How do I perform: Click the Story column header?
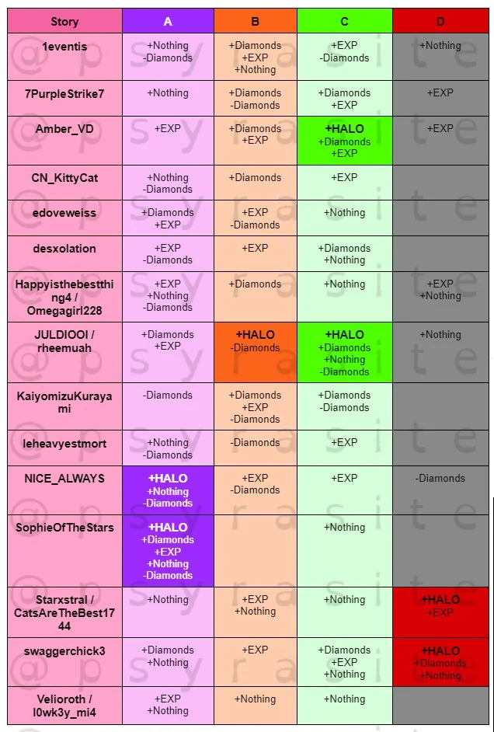coord(64,22)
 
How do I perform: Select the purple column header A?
coord(168,22)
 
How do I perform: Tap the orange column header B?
coord(256,22)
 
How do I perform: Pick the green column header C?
coord(344,22)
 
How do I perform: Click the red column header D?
coord(440,22)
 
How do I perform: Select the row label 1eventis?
coord(64,46)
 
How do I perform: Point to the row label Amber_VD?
coord(64,129)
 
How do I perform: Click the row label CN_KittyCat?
coord(64,178)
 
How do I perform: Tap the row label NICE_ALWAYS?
coord(64,479)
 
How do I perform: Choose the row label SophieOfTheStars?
coord(64,528)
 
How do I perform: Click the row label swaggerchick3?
coord(64,650)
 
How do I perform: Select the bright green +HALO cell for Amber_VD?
coord(344,141)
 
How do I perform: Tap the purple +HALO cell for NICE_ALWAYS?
coord(168,490)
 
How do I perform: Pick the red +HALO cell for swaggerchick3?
coord(440,662)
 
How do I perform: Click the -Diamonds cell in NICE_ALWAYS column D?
coord(440,479)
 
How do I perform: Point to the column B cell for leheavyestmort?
coord(256,448)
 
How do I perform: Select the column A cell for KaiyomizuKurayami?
coord(168,406)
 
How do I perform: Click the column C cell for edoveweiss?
coord(344,218)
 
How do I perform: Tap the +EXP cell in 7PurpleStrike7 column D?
coord(440,98)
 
